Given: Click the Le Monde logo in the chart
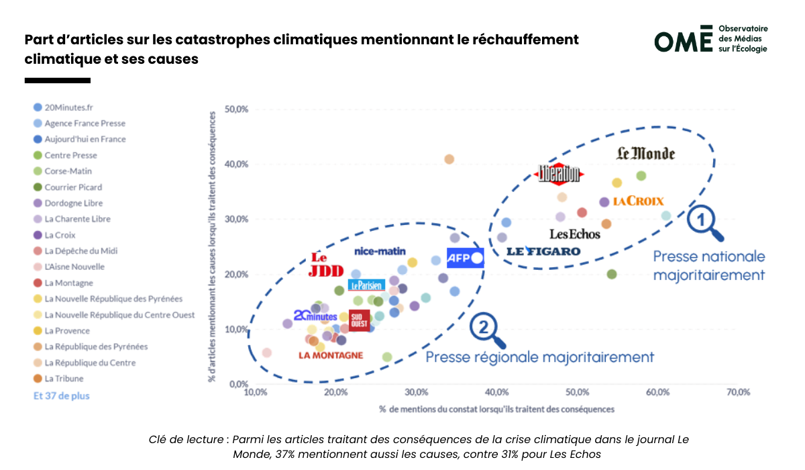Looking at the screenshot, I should (x=645, y=154).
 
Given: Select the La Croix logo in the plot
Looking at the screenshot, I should (x=638, y=201).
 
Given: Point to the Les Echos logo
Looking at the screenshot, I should (x=575, y=234).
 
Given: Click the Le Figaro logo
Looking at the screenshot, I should (x=543, y=251).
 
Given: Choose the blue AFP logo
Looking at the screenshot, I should (x=465, y=258).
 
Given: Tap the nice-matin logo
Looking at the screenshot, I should (x=380, y=251).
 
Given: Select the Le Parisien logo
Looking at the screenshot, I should (x=366, y=285).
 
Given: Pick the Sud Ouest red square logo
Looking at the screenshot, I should (x=359, y=320).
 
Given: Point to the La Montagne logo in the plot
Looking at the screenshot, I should (x=331, y=355).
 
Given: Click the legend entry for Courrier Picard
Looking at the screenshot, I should (x=73, y=187).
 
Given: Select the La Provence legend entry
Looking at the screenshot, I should (x=66, y=330).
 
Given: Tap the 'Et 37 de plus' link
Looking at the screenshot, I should (x=61, y=395).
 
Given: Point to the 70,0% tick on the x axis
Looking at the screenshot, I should (x=737, y=392).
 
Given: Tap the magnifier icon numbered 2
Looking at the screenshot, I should (x=486, y=330).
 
